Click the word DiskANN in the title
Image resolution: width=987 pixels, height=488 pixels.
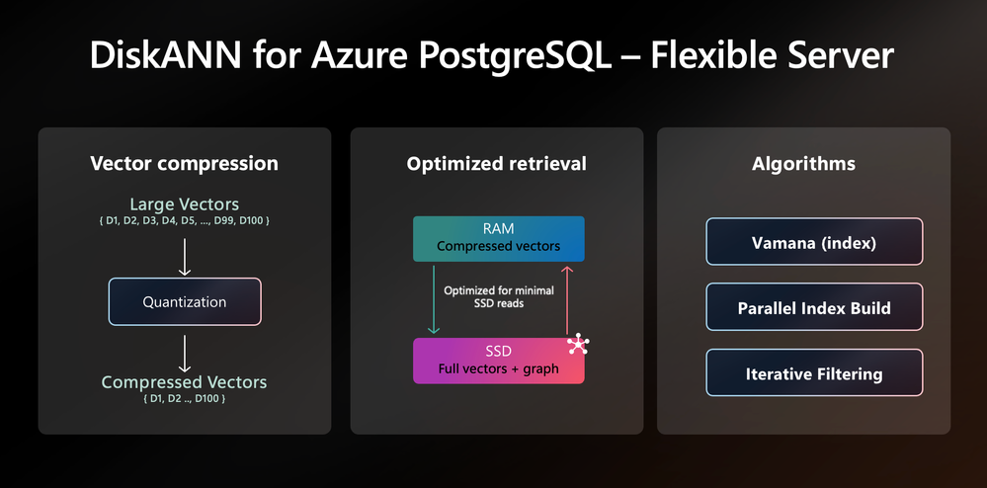click(x=166, y=55)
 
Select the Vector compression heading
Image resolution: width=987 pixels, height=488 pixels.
click(x=185, y=164)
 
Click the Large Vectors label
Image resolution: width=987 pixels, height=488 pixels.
click(x=185, y=204)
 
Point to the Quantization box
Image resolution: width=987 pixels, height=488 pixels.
click(x=185, y=301)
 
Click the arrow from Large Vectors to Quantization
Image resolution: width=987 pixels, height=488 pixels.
click(x=185, y=257)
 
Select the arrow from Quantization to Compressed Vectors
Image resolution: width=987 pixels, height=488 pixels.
click(x=185, y=354)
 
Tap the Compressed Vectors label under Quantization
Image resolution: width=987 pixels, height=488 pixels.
click(x=185, y=382)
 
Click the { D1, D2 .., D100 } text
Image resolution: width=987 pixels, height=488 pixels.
click(x=185, y=398)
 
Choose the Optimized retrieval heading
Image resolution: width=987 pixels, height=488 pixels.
click(x=497, y=164)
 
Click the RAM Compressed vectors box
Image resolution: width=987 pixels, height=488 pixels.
click(x=499, y=239)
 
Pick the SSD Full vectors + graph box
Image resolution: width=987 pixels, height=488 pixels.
click(x=499, y=361)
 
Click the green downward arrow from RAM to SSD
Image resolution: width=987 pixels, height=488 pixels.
click(x=433, y=299)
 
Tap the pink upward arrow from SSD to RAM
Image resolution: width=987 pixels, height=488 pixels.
click(x=567, y=299)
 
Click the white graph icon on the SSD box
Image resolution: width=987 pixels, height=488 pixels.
click(x=578, y=345)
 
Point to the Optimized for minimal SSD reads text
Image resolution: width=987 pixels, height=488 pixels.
click(x=499, y=297)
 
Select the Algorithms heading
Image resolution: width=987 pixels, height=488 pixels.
click(x=803, y=164)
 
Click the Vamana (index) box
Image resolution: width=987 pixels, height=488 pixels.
click(x=814, y=242)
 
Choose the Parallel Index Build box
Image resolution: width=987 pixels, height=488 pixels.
click(x=814, y=307)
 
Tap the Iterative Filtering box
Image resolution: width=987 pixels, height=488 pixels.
click(x=814, y=372)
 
